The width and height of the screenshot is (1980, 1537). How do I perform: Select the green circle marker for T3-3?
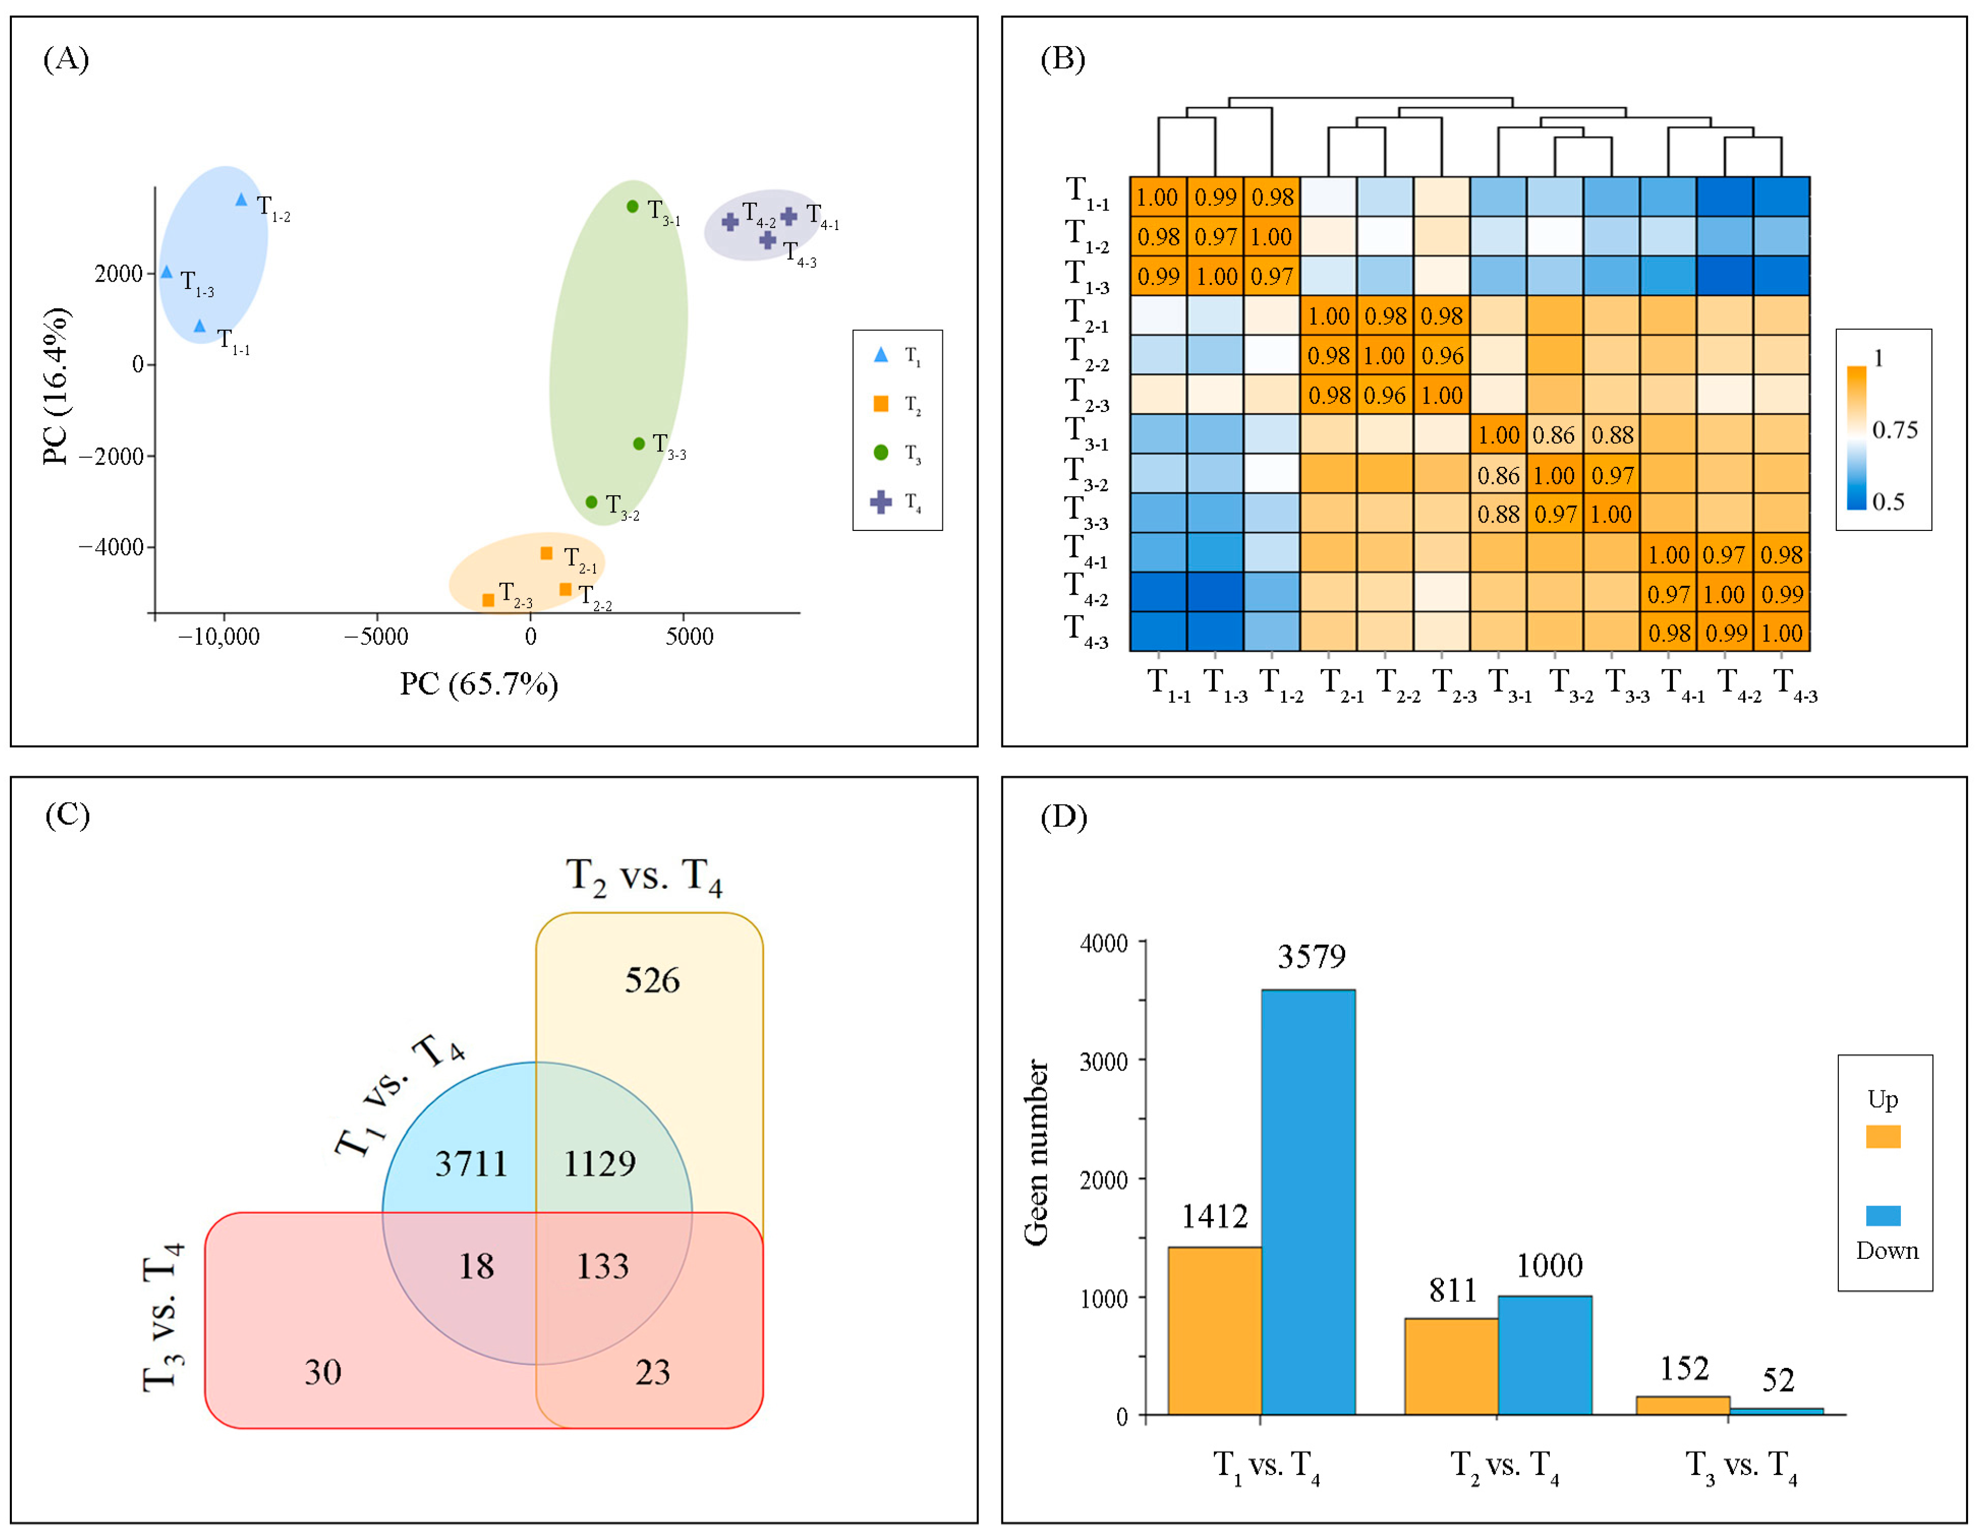pyautogui.click(x=639, y=444)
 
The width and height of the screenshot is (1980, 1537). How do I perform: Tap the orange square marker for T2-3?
pyautogui.click(x=488, y=599)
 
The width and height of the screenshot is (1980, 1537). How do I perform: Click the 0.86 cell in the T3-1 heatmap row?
pyautogui.click(x=1554, y=435)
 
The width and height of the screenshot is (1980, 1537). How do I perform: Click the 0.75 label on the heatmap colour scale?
pyautogui.click(x=1895, y=430)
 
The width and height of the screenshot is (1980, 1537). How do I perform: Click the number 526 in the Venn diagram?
pyautogui.click(x=652, y=980)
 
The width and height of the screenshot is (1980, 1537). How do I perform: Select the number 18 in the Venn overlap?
pyautogui.click(x=476, y=1267)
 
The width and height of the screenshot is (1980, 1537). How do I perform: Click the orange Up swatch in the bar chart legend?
pyautogui.click(x=1883, y=1137)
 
